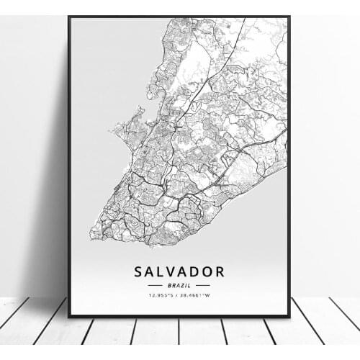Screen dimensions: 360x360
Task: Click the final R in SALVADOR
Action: pyautogui.click(x=220, y=271)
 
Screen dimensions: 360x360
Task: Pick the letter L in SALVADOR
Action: pyautogui.click(x=160, y=271)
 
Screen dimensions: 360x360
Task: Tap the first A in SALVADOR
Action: pyautogui.click(x=149, y=271)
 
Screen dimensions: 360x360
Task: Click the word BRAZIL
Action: pyautogui.click(x=179, y=285)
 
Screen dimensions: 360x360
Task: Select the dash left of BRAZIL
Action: pyautogui.click(x=156, y=285)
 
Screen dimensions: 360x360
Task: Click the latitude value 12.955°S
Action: pyautogui.click(x=161, y=295)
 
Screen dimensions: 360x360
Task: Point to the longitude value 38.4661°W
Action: pyautogui.click(x=197, y=295)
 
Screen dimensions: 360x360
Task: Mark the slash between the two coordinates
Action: pyautogui.click(x=178, y=295)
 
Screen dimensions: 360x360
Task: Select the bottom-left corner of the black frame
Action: pyautogui.click(x=69, y=316)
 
